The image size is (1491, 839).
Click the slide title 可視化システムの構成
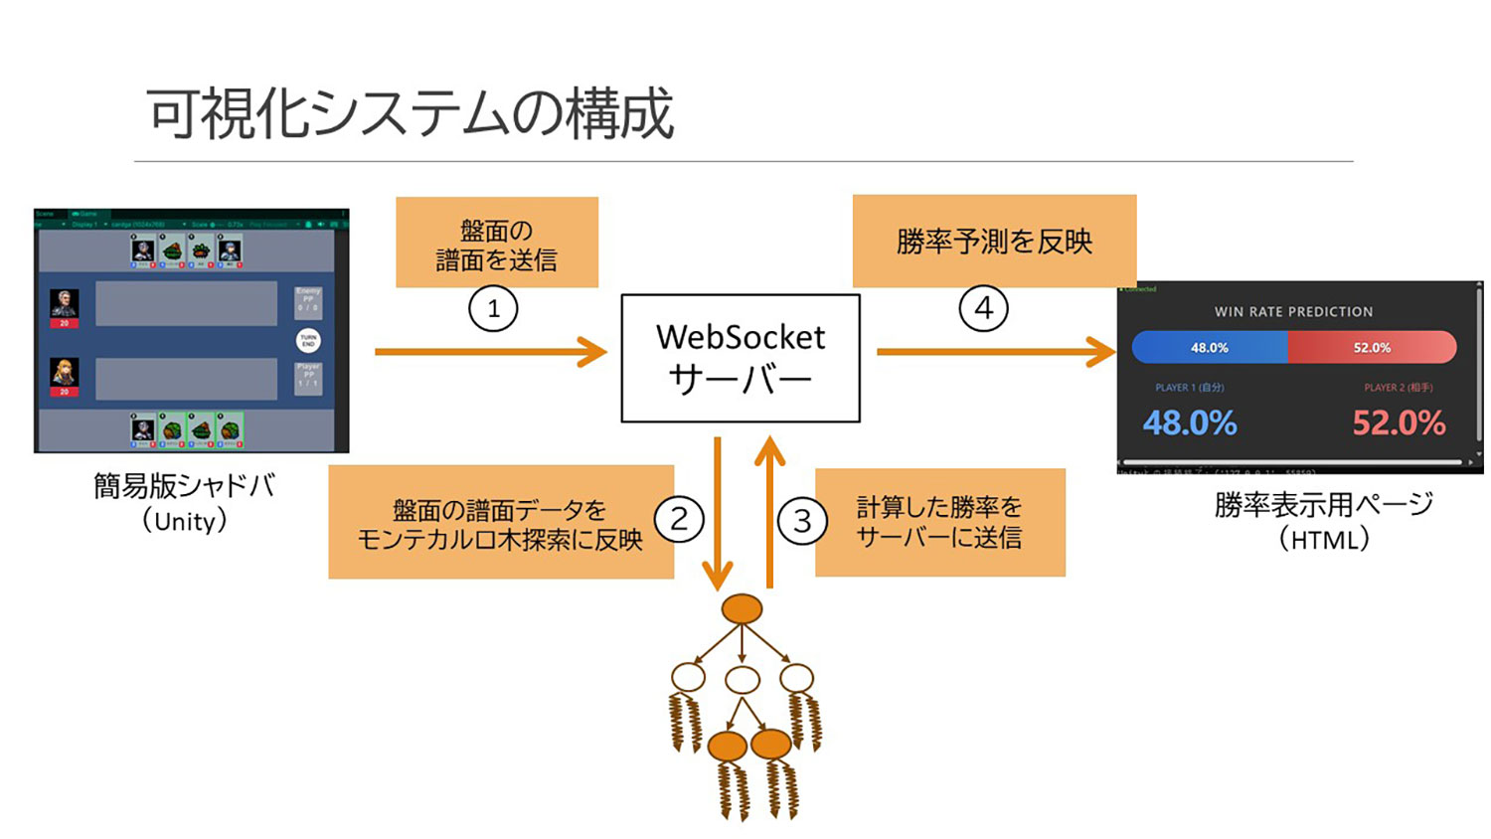coord(410,112)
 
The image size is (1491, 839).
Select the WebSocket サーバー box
coord(740,358)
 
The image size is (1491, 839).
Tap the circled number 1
coord(493,308)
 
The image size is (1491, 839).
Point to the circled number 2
coord(679,519)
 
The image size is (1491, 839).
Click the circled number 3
coord(802,520)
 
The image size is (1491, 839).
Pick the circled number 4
coord(983,308)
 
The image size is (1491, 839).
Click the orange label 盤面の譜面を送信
coord(497,244)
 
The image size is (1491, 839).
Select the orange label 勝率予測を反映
coord(994,242)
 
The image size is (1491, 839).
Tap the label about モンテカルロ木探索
coord(500,523)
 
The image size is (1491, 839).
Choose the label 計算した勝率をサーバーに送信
coord(939,522)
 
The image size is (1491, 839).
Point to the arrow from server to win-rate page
coord(994,351)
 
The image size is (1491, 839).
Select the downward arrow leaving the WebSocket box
coord(718,512)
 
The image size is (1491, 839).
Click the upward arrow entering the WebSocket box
coord(770,512)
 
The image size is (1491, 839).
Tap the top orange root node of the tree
coord(742,608)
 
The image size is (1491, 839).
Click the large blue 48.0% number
coord(1190,423)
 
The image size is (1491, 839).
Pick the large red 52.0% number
coord(1399,423)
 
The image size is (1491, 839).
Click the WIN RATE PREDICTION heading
coord(1293,312)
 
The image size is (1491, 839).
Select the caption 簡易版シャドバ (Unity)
coord(185,502)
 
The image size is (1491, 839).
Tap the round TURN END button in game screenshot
coord(308,341)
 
